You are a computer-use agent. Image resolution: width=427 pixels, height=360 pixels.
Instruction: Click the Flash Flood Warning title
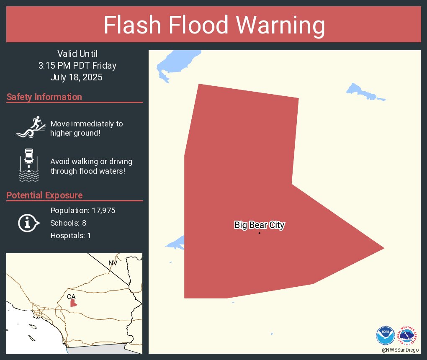(x=214, y=25)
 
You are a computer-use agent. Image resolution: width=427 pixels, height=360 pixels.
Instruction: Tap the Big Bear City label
(x=259, y=225)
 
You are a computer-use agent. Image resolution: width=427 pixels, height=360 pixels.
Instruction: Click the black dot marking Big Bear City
(x=259, y=233)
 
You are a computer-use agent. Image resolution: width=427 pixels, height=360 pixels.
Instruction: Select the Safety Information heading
(x=44, y=97)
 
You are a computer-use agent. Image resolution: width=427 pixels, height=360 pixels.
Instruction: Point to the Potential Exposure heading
(x=44, y=195)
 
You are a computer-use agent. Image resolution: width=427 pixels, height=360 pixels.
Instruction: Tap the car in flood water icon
(x=29, y=165)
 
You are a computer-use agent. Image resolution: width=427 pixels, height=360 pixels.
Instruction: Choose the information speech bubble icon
(x=28, y=223)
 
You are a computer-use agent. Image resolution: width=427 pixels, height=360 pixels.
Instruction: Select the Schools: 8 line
(x=68, y=223)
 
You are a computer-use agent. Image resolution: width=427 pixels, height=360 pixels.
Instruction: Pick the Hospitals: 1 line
(x=70, y=236)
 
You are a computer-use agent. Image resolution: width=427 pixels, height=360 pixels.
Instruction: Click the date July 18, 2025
(x=76, y=77)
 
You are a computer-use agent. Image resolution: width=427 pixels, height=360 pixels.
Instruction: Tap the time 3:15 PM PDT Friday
(x=77, y=66)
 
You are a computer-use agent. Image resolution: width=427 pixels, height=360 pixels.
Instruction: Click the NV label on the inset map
(x=113, y=263)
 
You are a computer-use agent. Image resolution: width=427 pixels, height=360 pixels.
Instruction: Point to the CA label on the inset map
(x=71, y=296)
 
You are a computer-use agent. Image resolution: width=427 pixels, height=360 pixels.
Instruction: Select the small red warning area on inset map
(x=73, y=303)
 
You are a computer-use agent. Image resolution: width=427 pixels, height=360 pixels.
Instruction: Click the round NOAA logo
(x=385, y=335)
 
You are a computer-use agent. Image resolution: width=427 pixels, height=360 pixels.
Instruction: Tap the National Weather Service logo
(x=409, y=335)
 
